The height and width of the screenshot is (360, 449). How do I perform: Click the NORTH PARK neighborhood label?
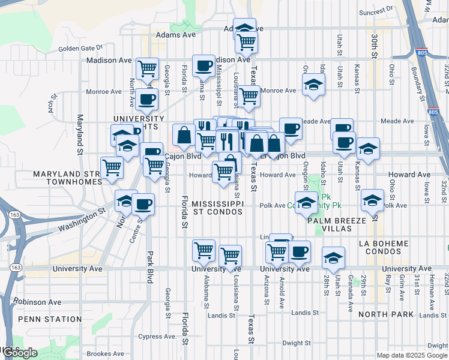pyautogui.click(x=385, y=314)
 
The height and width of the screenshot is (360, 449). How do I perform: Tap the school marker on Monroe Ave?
pyautogui.click(x=313, y=85)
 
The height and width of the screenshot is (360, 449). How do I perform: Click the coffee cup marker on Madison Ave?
pyautogui.click(x=203, y=65)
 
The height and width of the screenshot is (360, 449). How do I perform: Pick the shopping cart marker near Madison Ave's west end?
pyautogui.click(x=147, y=68)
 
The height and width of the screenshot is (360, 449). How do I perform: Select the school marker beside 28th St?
pyautogui.click(x=333, y=257)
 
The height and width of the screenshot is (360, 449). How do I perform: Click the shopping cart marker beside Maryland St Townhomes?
pyautogui.click(x=112, y=168)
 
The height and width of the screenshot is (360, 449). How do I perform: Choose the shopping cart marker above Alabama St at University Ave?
pyautogui.click(x=204, y=250)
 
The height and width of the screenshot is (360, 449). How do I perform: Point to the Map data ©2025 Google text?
pyautogui.click(x=411, y=355)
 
